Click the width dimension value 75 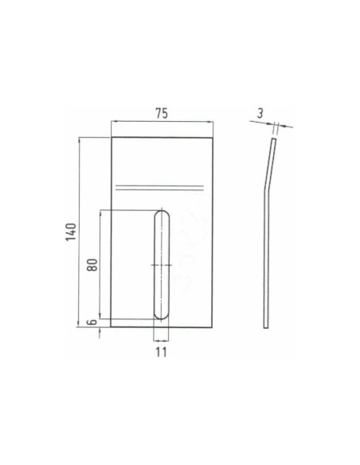[x=162, y=113]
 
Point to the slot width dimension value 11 [x=162, y=350]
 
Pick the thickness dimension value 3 [x=260, y=113]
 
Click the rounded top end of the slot [x=162, y=214]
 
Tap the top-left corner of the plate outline [x=112, y=138]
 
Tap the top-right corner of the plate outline [x=213, y=138]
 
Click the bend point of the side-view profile [x=266, y=191]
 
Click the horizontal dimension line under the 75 [x=162, y=122]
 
